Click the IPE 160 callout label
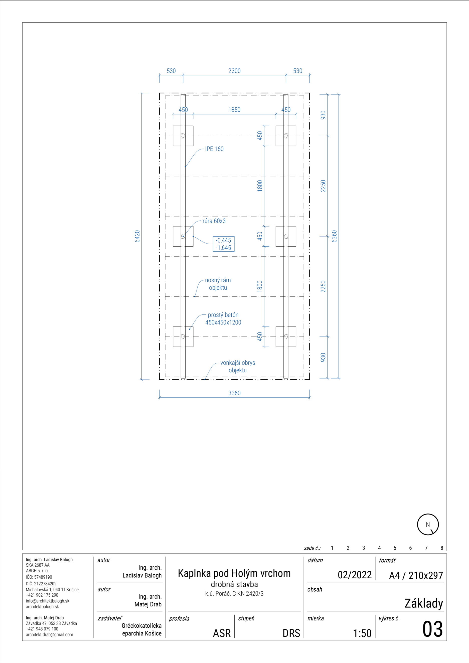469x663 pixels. coord(214,149)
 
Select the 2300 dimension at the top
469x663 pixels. coord(234,71)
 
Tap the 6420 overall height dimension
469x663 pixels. coord(137,236)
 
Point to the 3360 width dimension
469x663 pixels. coord(234,393)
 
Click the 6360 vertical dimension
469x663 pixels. coord(334,236)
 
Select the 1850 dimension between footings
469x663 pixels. coord(234,110)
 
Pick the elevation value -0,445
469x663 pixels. coord(224,240)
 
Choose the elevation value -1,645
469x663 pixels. coord(224,248)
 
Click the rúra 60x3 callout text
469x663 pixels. coord(214,221)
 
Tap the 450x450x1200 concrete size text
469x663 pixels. coord(223,322)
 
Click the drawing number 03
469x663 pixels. coord(432,629)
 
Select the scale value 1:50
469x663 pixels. coord(362,633)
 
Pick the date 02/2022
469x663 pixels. coord(355,575)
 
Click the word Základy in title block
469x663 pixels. coord(424,603)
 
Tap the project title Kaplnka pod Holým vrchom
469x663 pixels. coord(234,573)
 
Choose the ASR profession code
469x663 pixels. coord(222,633)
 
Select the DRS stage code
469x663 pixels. coord(291,633)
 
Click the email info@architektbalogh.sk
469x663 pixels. coord(48,601)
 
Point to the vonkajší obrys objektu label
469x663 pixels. coord(238,367)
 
